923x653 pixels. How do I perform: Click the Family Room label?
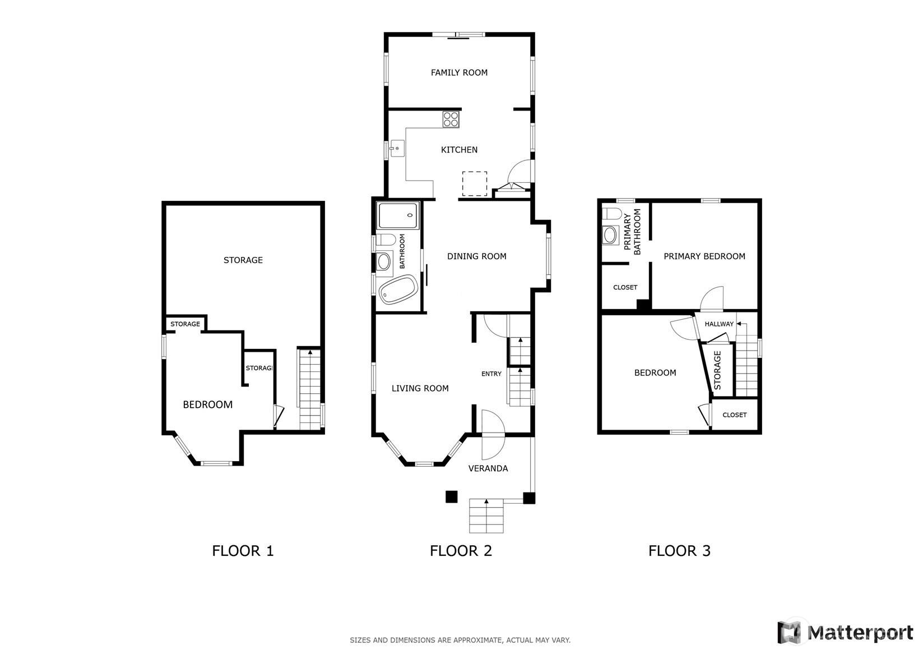[459, 72]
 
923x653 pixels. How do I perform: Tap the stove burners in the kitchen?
[451, 119]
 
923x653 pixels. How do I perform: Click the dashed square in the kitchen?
[475, 183]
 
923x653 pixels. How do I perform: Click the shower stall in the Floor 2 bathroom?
[398, 215]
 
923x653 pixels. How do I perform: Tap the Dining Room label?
[476, 256]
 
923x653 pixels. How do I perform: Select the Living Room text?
[420, 388]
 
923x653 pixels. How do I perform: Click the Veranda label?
[488, 468]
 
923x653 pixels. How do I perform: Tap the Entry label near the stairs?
[491, 374]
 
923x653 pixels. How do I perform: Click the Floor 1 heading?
[243, 551]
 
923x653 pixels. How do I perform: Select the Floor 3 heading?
[679, 551]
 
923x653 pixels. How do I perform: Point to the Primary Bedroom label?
[704, 256]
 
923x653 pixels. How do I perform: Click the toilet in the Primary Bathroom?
[611, 214]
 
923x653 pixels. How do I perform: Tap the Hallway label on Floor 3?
[719, 324]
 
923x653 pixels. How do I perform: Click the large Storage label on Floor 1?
[243, 260]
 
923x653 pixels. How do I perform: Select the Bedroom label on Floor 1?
[207, 404]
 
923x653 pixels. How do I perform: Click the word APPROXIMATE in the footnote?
[476, 640]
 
